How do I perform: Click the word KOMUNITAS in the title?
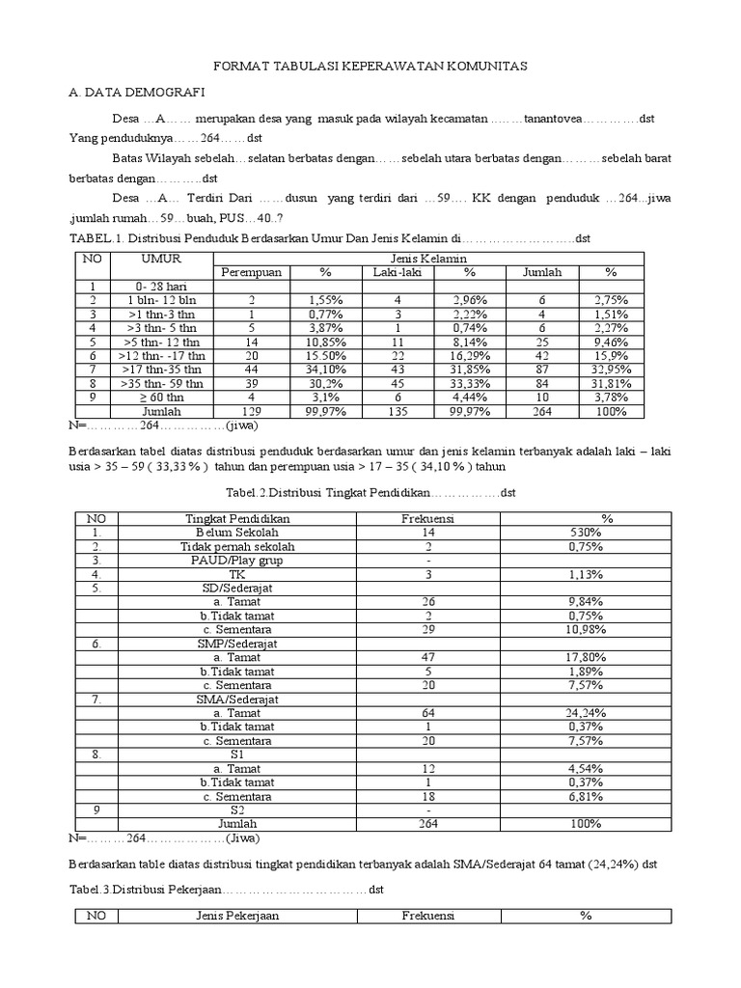(x=478, y=65)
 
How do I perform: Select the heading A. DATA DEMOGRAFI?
(x=136, y=92)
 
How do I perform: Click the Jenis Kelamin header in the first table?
(x=428, y=260)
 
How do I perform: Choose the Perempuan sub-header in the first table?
(x=251, y=273)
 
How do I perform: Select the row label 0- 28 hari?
(x=162, y=287)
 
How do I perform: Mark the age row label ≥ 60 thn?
(x=162, y=397)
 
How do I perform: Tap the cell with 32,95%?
(x=611, y=369)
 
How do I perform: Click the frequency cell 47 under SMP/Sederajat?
(x=428, y=657)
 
